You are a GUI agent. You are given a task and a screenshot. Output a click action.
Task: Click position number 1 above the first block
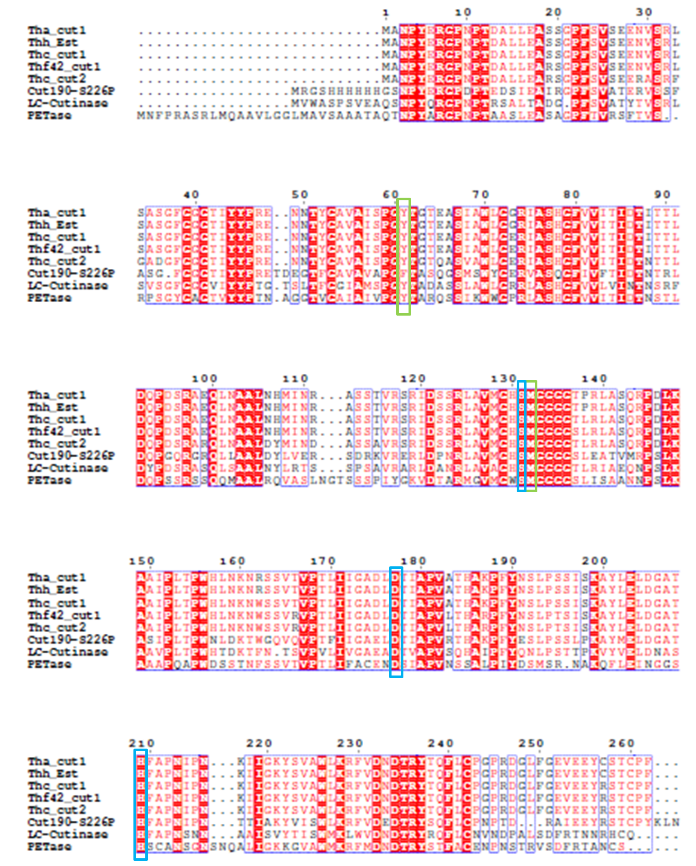[386, 12]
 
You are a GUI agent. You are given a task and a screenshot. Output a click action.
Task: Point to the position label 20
[553, 12]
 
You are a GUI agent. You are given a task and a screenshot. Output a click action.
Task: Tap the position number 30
[644, 12]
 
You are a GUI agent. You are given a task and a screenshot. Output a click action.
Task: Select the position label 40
[191, 195]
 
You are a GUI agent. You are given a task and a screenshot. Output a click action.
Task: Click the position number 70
[480, 195]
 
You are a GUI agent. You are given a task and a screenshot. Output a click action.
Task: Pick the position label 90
[662, 195]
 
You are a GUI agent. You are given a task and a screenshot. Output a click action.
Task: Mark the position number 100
[205, 379]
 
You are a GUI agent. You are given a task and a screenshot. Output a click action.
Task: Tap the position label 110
[295, 379]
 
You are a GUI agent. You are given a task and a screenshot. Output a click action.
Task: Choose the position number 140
[595, 379]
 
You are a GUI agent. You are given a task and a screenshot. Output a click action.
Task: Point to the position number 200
[595, 561]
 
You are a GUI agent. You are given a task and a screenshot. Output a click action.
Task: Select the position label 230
[350, 743]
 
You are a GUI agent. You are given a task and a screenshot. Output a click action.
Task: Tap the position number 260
[621, 743]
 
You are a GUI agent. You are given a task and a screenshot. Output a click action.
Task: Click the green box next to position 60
[403, 256]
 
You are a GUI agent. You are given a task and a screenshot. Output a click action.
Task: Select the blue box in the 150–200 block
[396, 622]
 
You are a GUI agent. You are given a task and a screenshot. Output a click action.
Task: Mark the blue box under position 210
[140, 804]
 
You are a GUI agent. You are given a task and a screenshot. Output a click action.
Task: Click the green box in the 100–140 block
[532, 436]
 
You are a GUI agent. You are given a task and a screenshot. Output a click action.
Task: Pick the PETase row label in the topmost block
[49, 115]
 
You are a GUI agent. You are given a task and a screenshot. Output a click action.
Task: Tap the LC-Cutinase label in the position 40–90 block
[67, 286]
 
